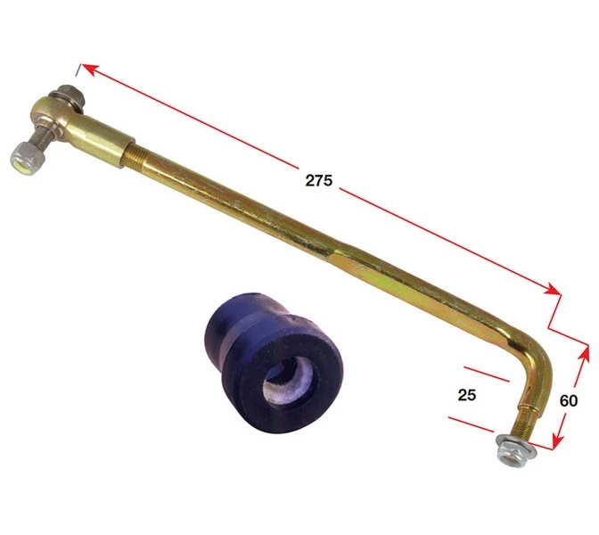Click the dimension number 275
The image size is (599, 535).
(317, 180)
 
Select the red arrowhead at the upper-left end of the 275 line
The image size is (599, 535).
(86, 69)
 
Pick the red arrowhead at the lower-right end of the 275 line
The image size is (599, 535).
(557, 291)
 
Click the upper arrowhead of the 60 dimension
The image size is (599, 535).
(586, 350)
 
